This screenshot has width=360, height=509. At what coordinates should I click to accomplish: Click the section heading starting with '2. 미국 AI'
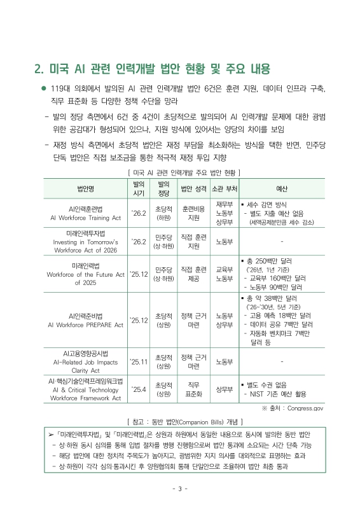151,69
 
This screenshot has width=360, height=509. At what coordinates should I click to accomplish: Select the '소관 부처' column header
224,188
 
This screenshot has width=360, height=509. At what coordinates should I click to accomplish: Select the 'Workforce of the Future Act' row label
85,274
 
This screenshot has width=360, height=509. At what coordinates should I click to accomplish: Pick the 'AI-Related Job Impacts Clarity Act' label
85,361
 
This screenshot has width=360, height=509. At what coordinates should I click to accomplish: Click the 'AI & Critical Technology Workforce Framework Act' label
85,389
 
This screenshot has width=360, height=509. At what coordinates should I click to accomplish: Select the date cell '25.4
138,389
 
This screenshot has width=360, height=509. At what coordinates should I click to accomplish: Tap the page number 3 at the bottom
180,489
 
